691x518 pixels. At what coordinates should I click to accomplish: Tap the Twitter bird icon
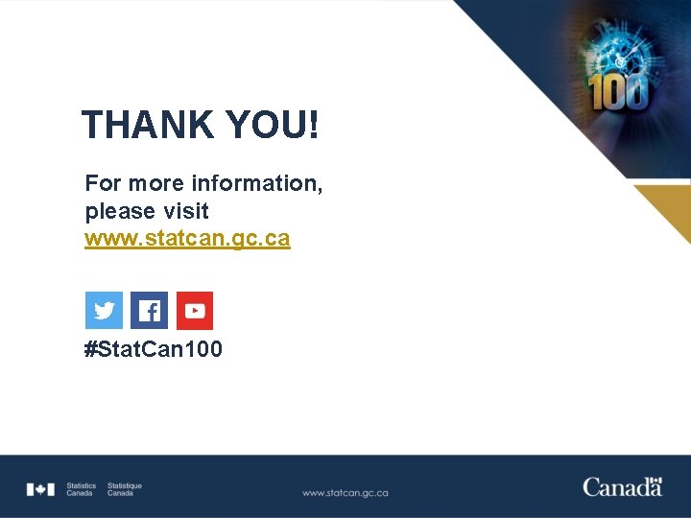point(105,311)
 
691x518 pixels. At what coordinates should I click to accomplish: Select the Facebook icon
point(149,311)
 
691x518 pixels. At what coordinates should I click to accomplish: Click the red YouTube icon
point(195,311)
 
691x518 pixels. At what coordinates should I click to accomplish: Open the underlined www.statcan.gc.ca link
point(187,238)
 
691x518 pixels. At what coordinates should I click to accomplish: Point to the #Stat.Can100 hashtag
point(154,349)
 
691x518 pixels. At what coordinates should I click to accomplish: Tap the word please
point(120,211)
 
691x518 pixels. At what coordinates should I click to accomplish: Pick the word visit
point(186,210)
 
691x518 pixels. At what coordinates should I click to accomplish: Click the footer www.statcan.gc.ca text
point(345,493)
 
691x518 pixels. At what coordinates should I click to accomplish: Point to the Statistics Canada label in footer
point(81,489)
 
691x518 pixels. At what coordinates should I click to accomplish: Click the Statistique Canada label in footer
point(124,489)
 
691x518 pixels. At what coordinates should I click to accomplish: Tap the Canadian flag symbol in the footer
point(40,489)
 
